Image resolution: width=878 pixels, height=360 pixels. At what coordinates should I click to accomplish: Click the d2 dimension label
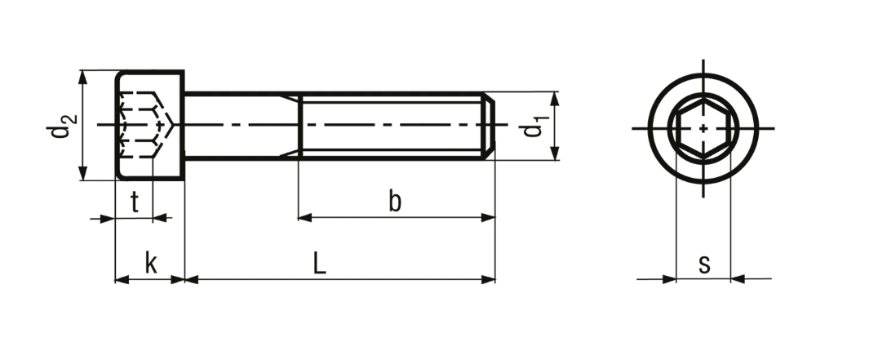pyautogui.click(x=61, y=126)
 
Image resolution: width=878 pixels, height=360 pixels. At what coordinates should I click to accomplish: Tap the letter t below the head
pyautogui.click(x=135, y=202)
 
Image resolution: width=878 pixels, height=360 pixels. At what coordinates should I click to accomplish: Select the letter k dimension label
pyautogui.click(x=151, y=263)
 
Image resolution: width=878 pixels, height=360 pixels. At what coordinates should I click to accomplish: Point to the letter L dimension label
pyautogui.click(x=319, y=263)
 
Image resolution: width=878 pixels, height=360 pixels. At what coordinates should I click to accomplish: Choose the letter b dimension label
pyautogui.click(x=395, y=201)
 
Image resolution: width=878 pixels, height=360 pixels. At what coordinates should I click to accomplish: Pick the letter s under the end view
pyautogui.click(x=704, y=264)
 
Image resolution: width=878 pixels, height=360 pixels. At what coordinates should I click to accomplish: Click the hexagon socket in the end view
pyautogui.click(x=703, y=128)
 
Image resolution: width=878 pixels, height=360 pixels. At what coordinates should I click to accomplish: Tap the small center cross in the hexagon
pyautogui.click(x=703, y=128)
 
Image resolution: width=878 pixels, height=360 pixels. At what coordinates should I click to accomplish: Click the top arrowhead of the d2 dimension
pyautogui.click(x=83, y=78)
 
